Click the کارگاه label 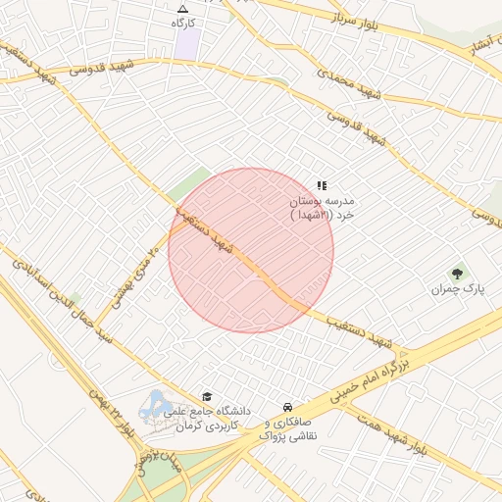[183, 22]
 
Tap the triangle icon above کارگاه [183, 8]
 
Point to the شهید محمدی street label [348, 85]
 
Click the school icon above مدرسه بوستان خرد [321, 185]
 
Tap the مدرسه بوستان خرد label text [321, 206]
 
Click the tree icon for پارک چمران [457, 274]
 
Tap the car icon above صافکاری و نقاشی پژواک [286, 406]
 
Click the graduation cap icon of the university [207, 395]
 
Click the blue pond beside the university [155, 406]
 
